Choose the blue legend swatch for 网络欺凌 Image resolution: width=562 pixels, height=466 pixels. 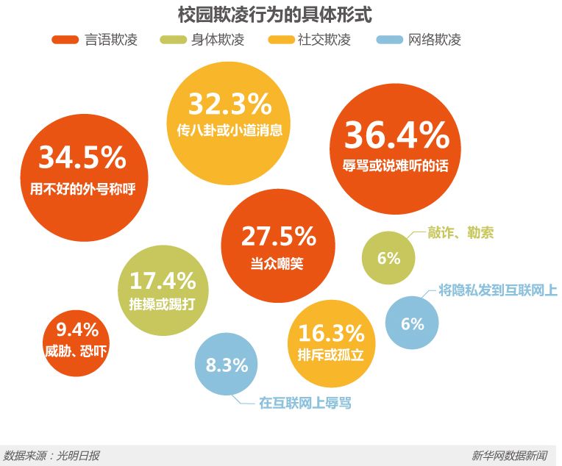(x=390, y=40)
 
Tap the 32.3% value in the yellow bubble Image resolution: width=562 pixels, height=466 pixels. (x=230, y=105)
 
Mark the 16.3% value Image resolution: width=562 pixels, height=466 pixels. (x=331, y=332)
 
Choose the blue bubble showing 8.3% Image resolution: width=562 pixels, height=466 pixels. (x=227, y=365)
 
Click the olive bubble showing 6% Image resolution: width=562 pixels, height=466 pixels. (x=388, y=258)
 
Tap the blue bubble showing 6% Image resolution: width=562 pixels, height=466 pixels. (x=412, y=323)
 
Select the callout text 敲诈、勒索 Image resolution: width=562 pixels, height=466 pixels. (x=460, y=233)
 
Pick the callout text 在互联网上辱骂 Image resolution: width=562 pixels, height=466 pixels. (x=310, y=403)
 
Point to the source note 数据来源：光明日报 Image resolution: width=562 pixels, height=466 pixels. (x=51, y=456)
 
